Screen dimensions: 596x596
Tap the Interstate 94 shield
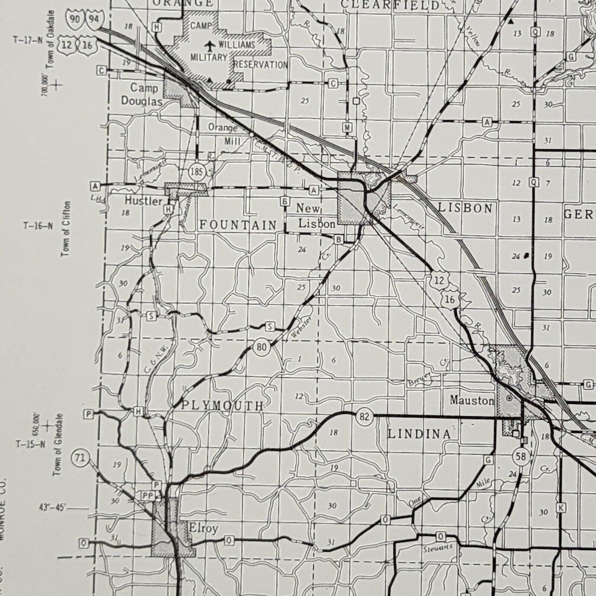94,18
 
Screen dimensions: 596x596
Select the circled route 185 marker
196,172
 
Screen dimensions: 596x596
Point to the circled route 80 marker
261,347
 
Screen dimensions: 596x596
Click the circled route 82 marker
364,416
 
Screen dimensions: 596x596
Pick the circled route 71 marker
80,457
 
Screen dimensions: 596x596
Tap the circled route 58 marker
520,456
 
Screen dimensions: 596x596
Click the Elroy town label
203,528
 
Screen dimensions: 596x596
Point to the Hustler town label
143,201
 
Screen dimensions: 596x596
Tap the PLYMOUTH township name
222,405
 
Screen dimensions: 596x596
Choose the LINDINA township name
419,434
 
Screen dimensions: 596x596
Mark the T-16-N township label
38,226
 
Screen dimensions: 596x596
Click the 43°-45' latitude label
52,507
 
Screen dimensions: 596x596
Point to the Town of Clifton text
66,228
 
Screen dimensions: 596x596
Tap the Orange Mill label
223,134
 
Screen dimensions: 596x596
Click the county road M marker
347,127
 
